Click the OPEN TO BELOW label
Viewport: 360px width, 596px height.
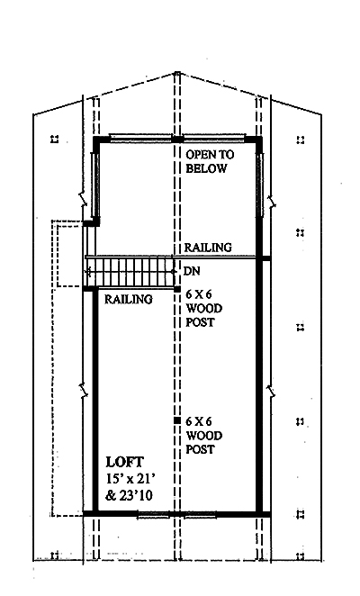pyautogui.click(x=210, y=161)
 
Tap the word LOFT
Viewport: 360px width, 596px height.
pyautogui.click(x=125, y=462)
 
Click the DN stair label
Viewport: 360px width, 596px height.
pyautogui.click(x=191, y=271)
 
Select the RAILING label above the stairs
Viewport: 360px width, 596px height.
pyautogui.click(x=208, y=248)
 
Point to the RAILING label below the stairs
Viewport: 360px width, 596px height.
pyautogui.click(x=129, y=300)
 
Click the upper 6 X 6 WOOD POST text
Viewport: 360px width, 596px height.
pyautogui.click(x=203, y=308)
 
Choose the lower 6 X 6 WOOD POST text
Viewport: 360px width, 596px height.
pyautogui.click(x=203, y=435)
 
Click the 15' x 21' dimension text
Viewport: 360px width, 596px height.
pyautogui.click(x=127, y=479)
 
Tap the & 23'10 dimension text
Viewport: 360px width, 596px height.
pyautogui.click(x=130, y=496)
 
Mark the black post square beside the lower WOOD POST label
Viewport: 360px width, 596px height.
pyautogui.click(x=176, y=420)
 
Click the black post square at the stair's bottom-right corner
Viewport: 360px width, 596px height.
pyautogui.click(x=177, y=289)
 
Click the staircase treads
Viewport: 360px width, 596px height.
pyautogui.click(x=130, y=272)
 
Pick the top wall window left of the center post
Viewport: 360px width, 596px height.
pyautogui.click(x=139, y=138)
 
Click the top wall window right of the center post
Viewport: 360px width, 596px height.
pyautogui.click(x=215, y=138)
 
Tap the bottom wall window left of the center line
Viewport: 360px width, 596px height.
pyautogui.click(x=153, y=515)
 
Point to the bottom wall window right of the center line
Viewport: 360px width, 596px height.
pyautogui.click(x=201, y=515)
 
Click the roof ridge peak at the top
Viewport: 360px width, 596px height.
pyautogui.click(x=176, y=73)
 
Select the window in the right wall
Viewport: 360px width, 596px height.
pyautogui.click(x=260, y=184)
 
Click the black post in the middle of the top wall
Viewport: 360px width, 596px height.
pyautogui.click(x=177, y=139)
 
